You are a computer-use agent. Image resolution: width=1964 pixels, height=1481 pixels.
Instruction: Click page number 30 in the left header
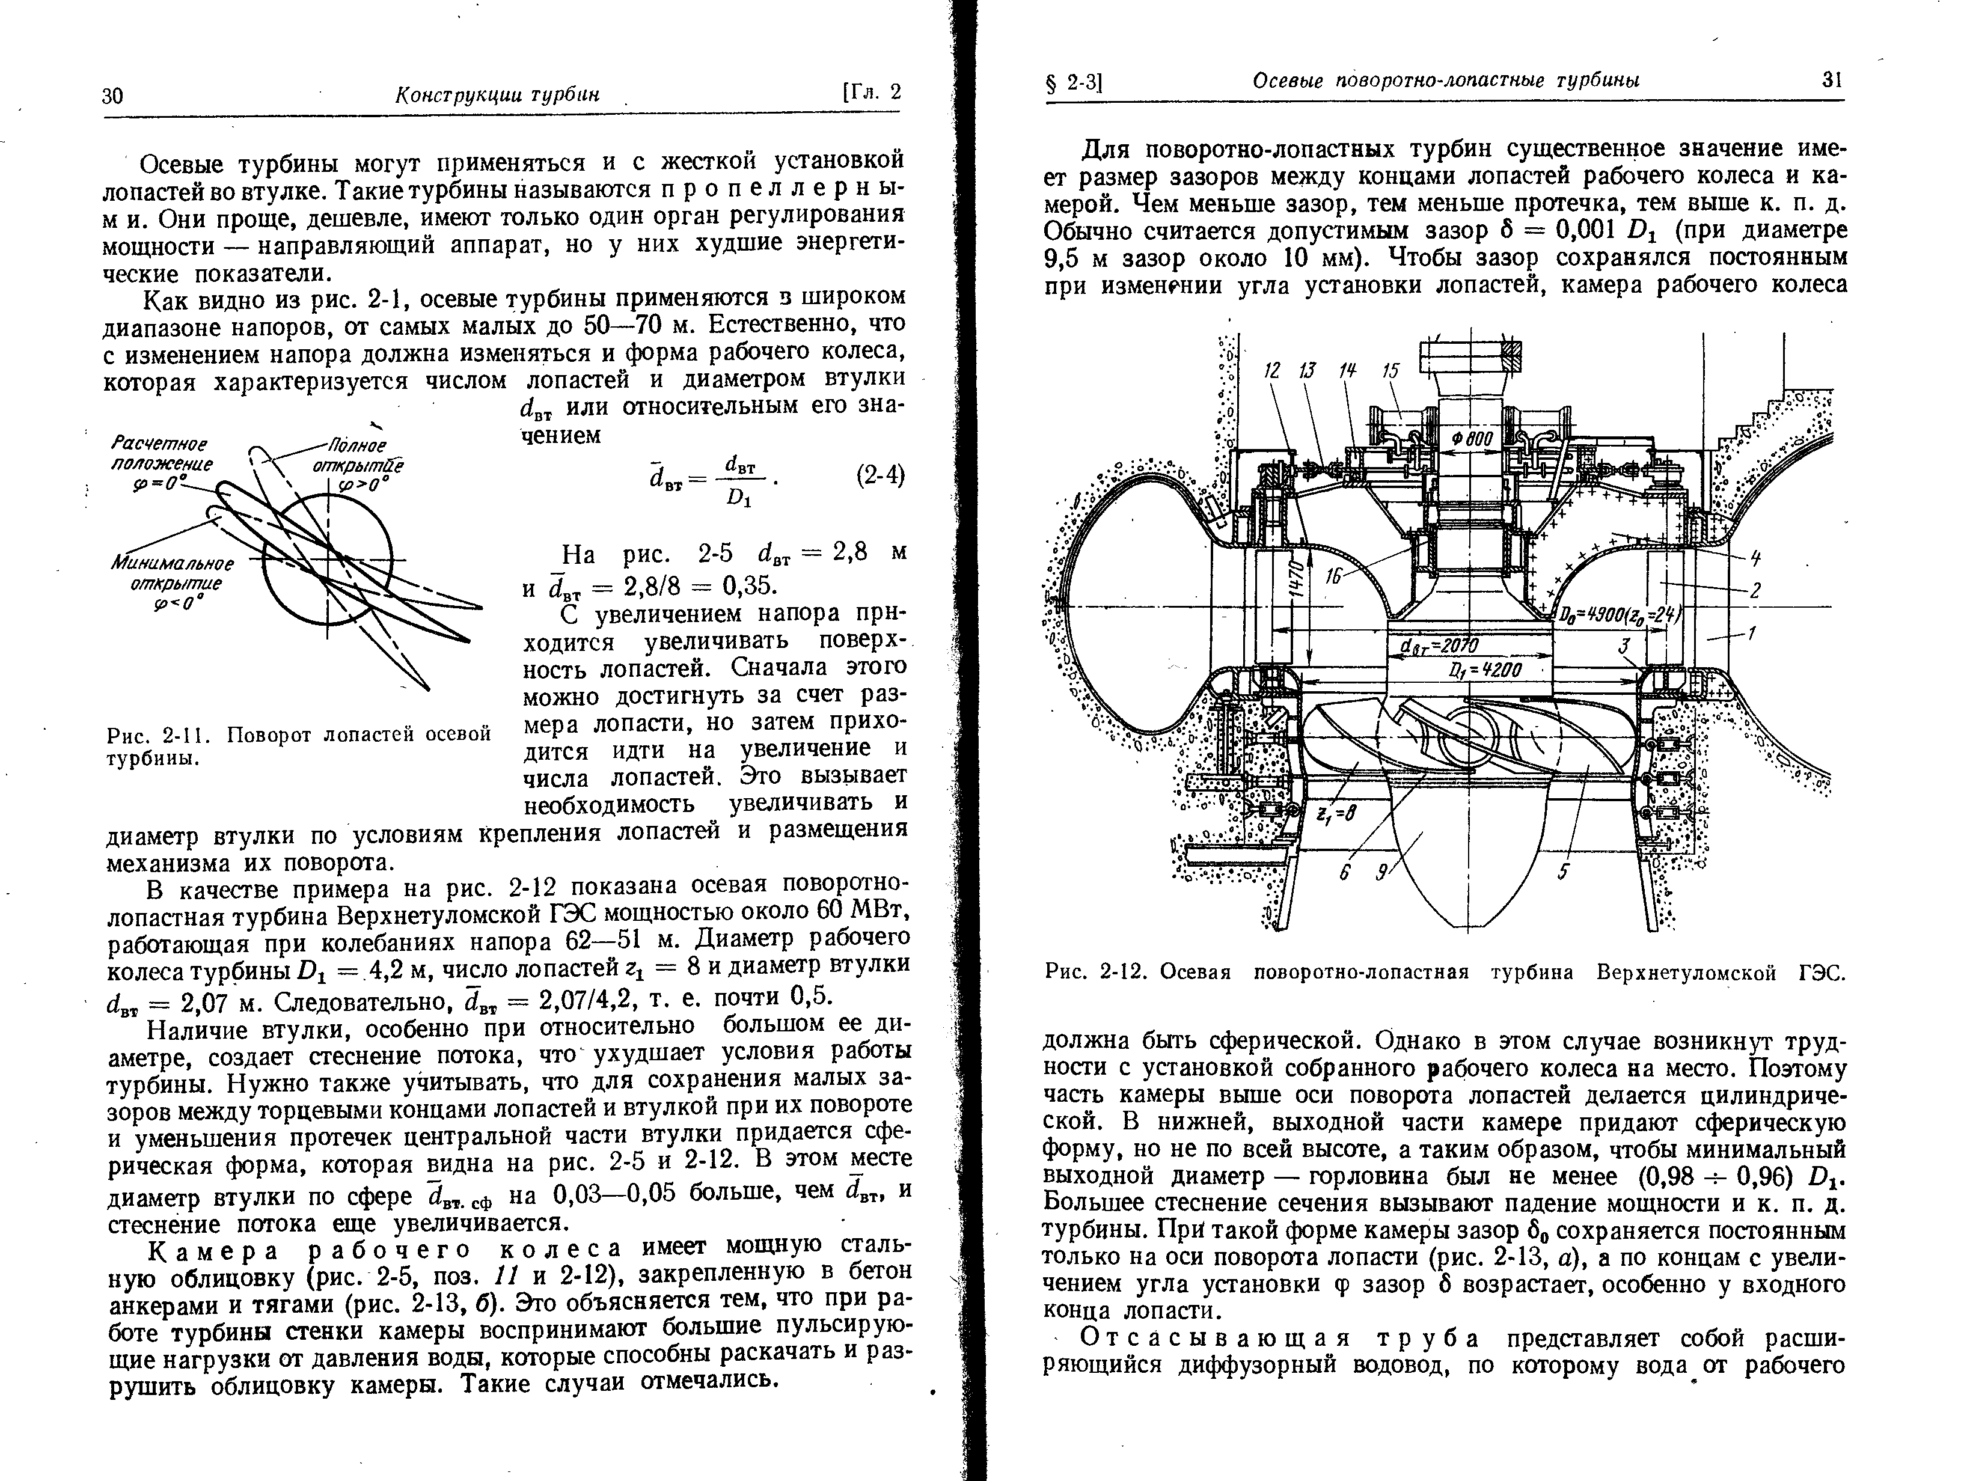[x=113, y=96]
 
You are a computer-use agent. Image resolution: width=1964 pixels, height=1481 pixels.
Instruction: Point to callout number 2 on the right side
[x=1755, y=590]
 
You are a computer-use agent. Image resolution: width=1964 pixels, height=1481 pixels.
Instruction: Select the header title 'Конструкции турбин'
[x=497, y=95]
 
